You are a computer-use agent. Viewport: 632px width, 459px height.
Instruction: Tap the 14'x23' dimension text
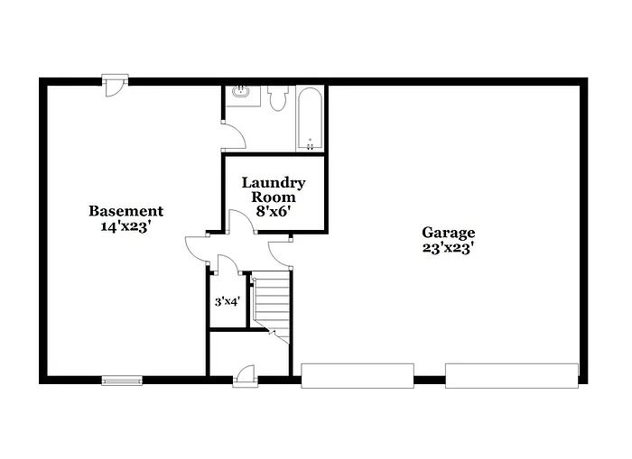[125, 227]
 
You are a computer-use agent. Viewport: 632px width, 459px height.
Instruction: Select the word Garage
[448, 233]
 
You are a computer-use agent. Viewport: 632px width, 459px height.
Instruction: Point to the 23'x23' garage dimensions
[448, 248]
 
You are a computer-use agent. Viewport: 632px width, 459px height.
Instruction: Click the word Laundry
[274, 183]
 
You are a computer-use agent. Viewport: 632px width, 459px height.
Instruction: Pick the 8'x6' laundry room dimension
[273, 212]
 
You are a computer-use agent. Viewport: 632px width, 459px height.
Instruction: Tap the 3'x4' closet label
[226, 302]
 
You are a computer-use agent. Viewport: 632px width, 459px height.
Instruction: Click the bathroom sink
[240, 91]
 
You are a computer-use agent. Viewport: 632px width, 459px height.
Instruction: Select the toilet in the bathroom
[277, 96]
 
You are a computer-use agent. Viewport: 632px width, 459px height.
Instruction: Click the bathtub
[310, 118]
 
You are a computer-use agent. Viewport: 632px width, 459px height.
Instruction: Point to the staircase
[272, 302]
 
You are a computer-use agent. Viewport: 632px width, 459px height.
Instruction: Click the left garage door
[357, 375]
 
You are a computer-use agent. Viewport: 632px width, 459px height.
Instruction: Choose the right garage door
[511, 375]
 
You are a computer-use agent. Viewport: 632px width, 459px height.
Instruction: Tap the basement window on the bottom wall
[121, 380]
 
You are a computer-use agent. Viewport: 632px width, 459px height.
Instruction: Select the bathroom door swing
[233, 135]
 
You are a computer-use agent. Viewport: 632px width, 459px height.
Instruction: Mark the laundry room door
[239, 223]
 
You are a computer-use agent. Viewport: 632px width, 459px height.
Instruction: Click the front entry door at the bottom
[245, 375]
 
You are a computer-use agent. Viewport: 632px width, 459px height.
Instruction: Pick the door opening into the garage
[281, 250]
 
